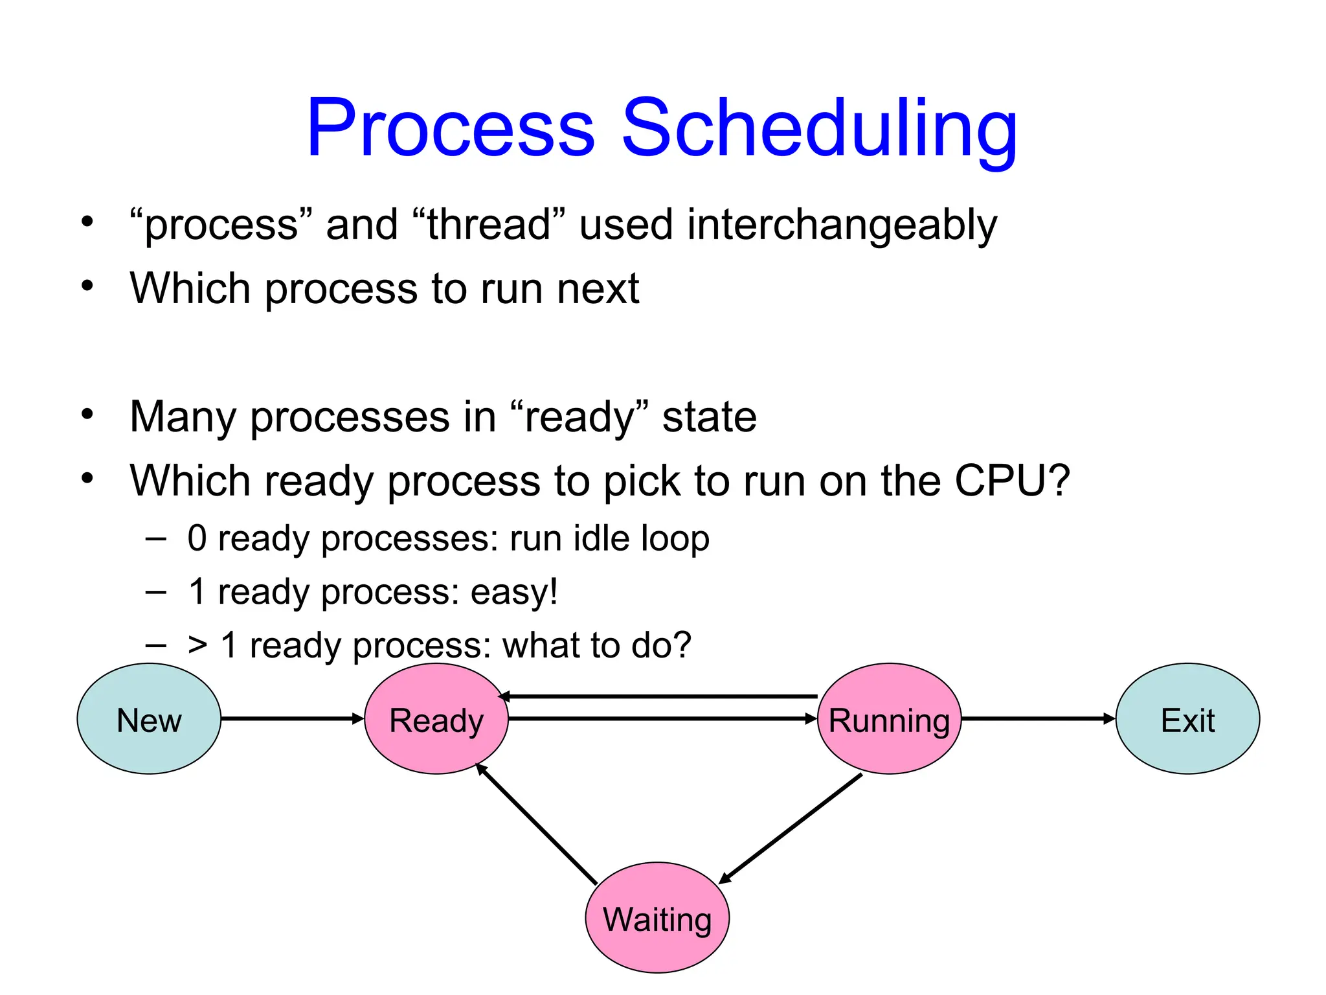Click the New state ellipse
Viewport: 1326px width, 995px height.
(149, 719)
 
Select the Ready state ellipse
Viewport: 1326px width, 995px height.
(436, 719)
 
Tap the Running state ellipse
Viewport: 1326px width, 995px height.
(889, 719)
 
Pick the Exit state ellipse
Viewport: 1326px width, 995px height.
(1187, 719)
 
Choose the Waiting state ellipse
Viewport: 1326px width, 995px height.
(657, 918)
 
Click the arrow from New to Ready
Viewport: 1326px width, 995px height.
(291, 718)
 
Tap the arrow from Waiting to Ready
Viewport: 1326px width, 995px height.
(536, 824)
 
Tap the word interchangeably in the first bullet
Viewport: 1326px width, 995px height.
(842, 225)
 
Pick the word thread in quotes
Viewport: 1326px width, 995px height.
(489, 225)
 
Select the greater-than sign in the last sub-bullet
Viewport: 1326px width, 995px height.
(197, 646)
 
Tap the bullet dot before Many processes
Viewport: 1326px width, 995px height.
(87, 413)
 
